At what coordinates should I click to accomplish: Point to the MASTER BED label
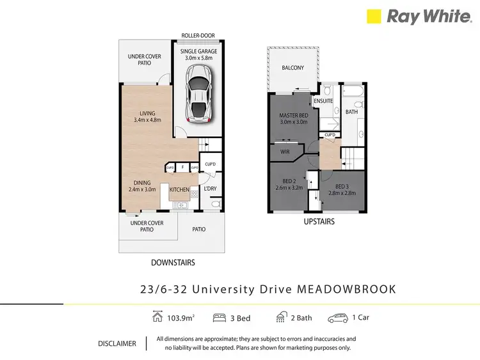click(294, 116)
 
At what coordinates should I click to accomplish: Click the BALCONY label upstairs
click(292, 68)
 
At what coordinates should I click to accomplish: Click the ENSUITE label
click(322, 101)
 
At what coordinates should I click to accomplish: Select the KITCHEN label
click(179, 190)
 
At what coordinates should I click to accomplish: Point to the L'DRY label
click(211, 189)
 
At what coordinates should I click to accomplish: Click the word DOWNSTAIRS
click(173, 263)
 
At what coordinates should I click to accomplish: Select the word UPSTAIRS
click(318, 222)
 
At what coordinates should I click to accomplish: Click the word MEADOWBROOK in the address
click(347, 289)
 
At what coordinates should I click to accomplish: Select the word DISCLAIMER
click(116, 343)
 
